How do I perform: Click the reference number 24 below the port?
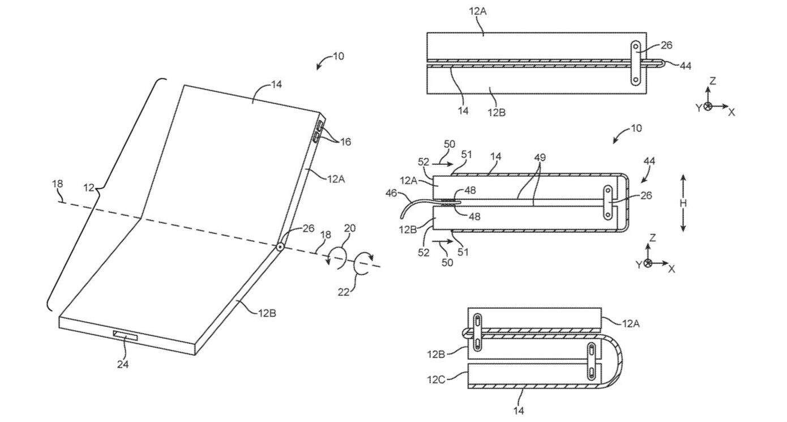(123, 364)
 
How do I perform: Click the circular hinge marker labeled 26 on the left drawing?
(279, 247)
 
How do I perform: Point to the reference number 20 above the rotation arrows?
(350, 228)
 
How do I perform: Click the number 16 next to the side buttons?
(345, 142)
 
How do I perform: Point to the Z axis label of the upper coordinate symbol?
(712, 81)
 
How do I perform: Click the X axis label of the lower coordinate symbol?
(671, 268)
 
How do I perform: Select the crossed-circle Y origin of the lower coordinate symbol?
(648, 263)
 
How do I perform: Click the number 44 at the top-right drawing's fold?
(685, 66)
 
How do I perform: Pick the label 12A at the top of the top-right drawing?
(476, 10)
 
